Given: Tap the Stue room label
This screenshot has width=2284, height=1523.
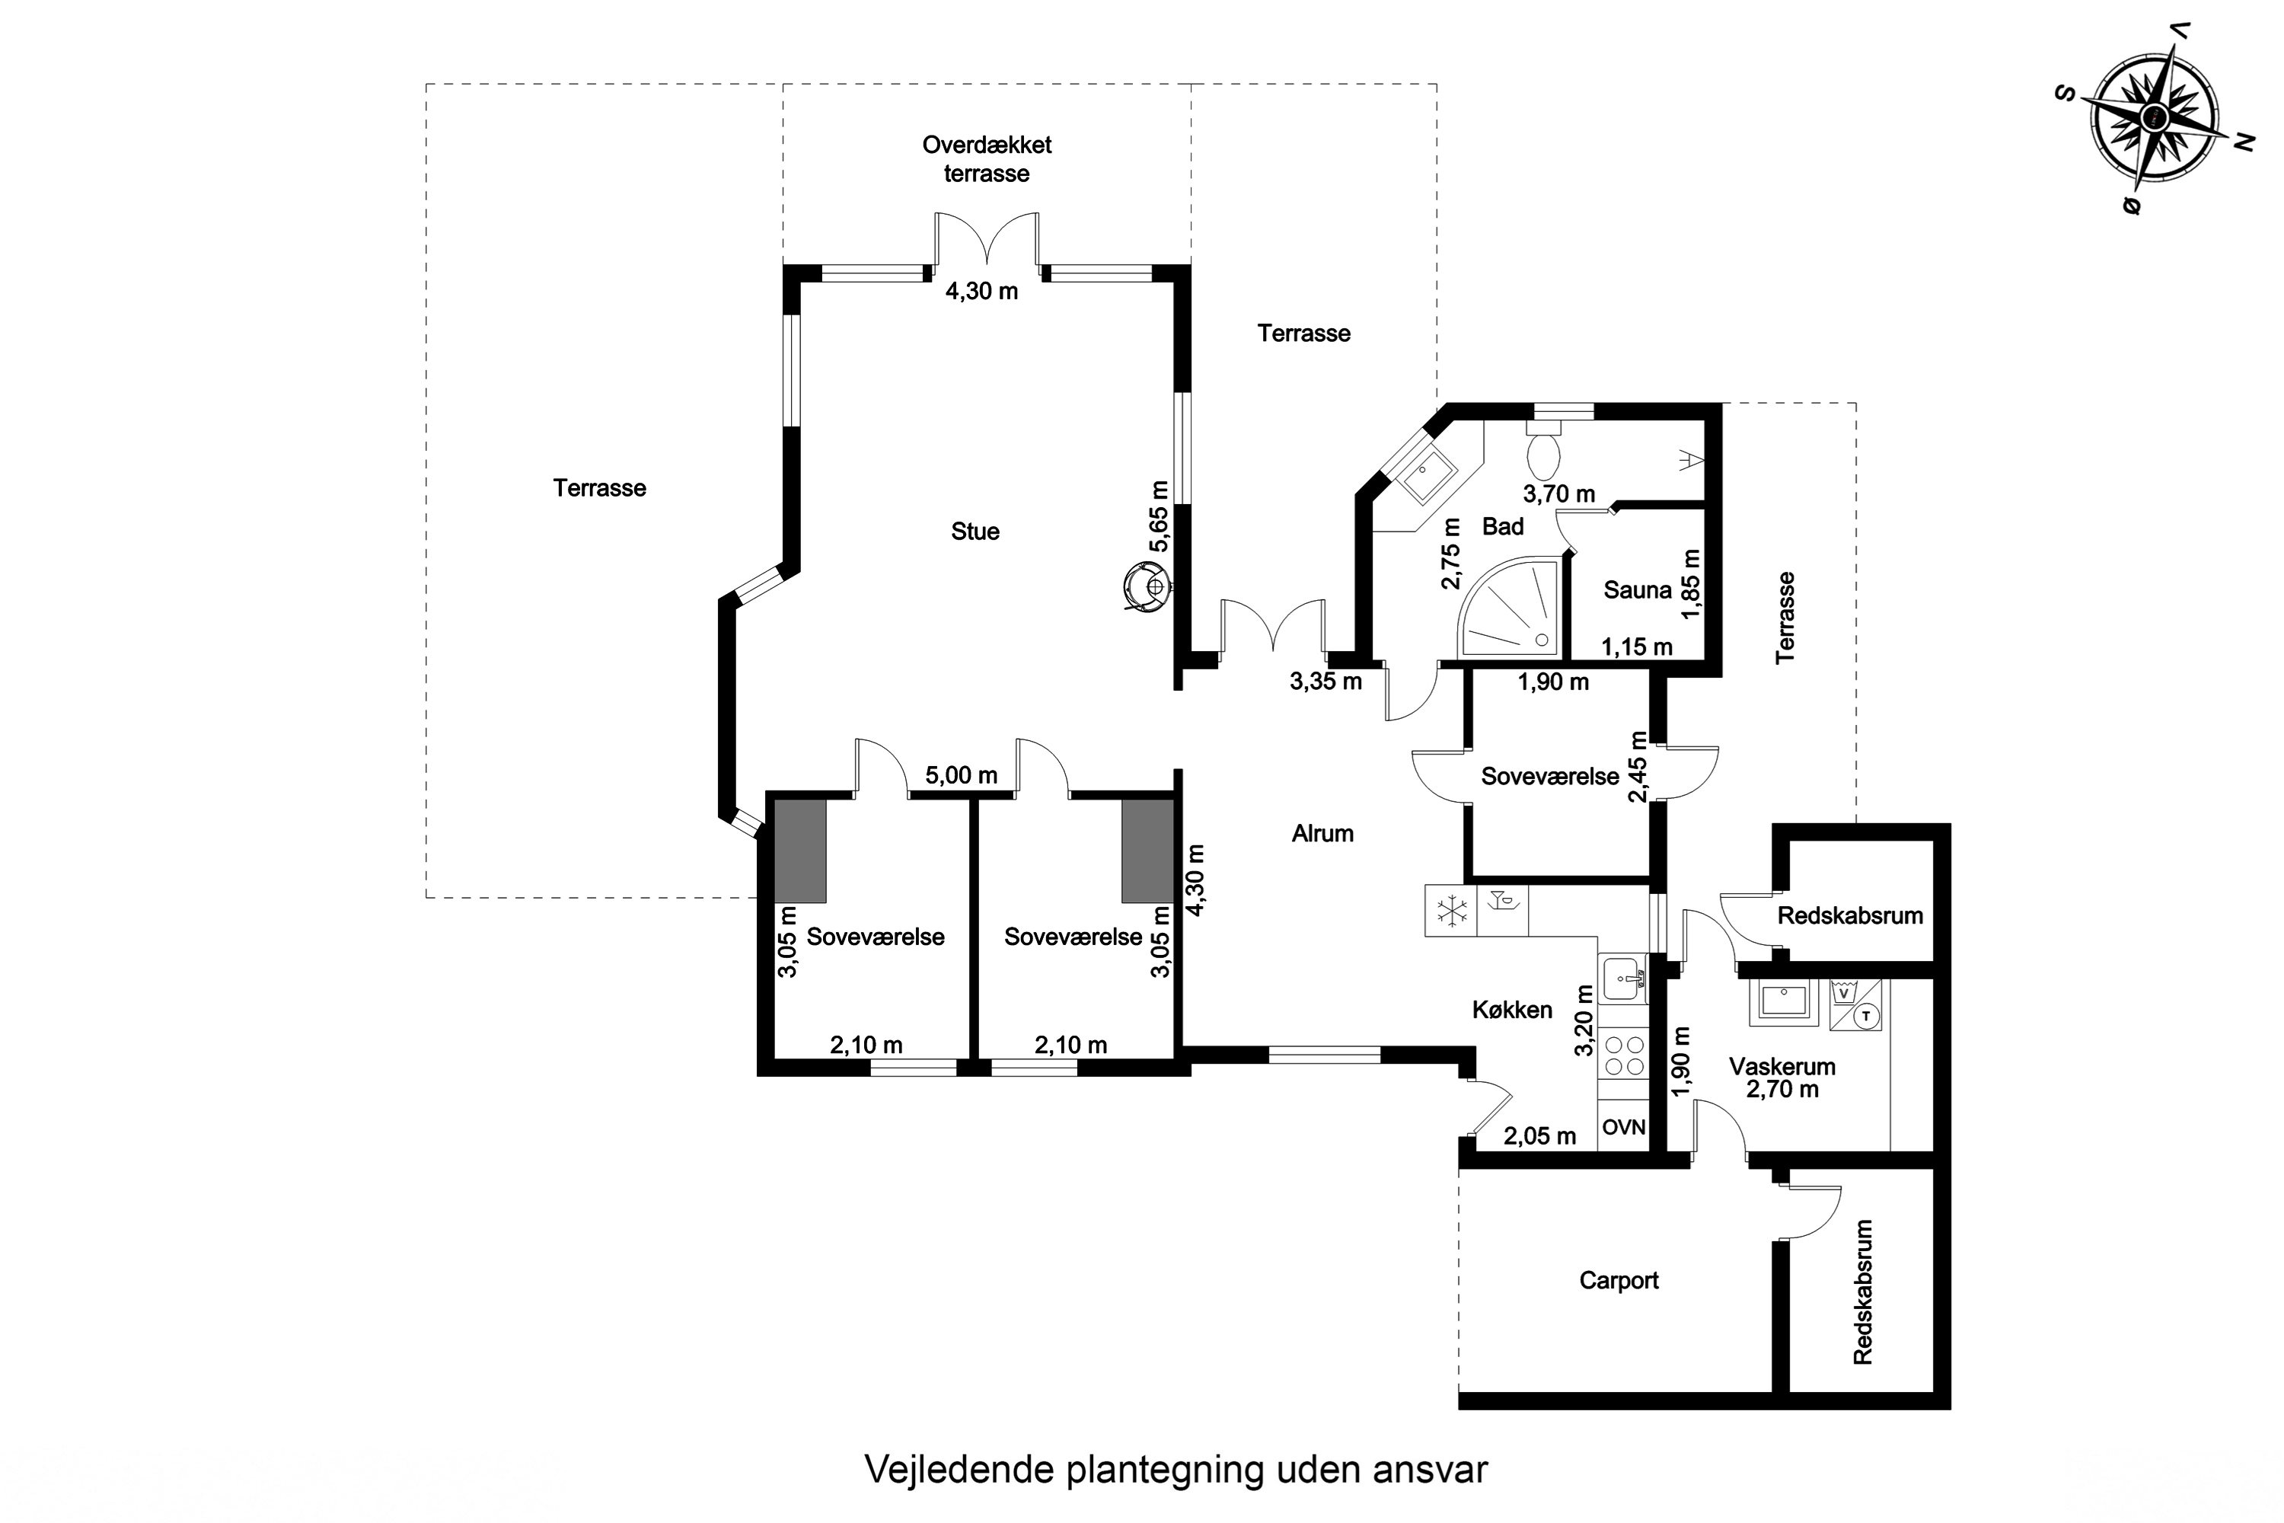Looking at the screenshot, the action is coord(975,532).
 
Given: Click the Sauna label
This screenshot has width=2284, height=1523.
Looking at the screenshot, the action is coord(1638,589).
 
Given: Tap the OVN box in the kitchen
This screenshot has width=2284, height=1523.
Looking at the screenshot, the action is coord(1624,1127).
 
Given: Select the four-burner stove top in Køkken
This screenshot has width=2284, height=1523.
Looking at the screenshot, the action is coord(1624,1055).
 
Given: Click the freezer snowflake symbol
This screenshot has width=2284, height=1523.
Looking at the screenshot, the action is coord(1452,911).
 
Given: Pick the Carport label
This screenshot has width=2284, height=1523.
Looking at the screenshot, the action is coord(1619,1280).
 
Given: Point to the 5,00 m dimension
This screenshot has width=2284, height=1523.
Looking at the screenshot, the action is coord(960,775).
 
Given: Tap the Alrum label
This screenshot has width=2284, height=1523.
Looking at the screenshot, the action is coord(1322,833).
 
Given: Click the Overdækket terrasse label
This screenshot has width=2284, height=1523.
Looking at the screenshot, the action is coord(987,159).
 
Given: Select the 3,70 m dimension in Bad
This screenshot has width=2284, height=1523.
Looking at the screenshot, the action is coord(1558,494).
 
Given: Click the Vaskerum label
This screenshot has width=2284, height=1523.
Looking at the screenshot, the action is coord(1782,1067).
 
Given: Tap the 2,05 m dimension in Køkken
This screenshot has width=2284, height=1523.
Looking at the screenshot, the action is coord(1539,1135).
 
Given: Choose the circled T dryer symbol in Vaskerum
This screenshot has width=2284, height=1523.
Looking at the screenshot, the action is coord(1865,1016).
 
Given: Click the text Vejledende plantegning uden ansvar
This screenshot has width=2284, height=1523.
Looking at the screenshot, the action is coord(1176,1470).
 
